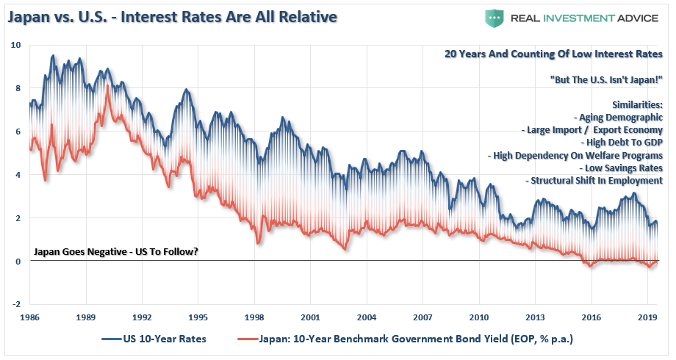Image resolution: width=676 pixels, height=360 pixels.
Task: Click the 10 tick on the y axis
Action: (16, 46)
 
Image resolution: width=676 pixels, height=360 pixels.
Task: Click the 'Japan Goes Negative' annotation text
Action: (116, 253)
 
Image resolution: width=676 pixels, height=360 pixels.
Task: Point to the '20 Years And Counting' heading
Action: (553, 54)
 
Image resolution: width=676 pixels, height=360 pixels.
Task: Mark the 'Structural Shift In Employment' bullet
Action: (595, 181)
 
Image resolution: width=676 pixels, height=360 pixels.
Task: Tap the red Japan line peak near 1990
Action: (108, 86)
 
